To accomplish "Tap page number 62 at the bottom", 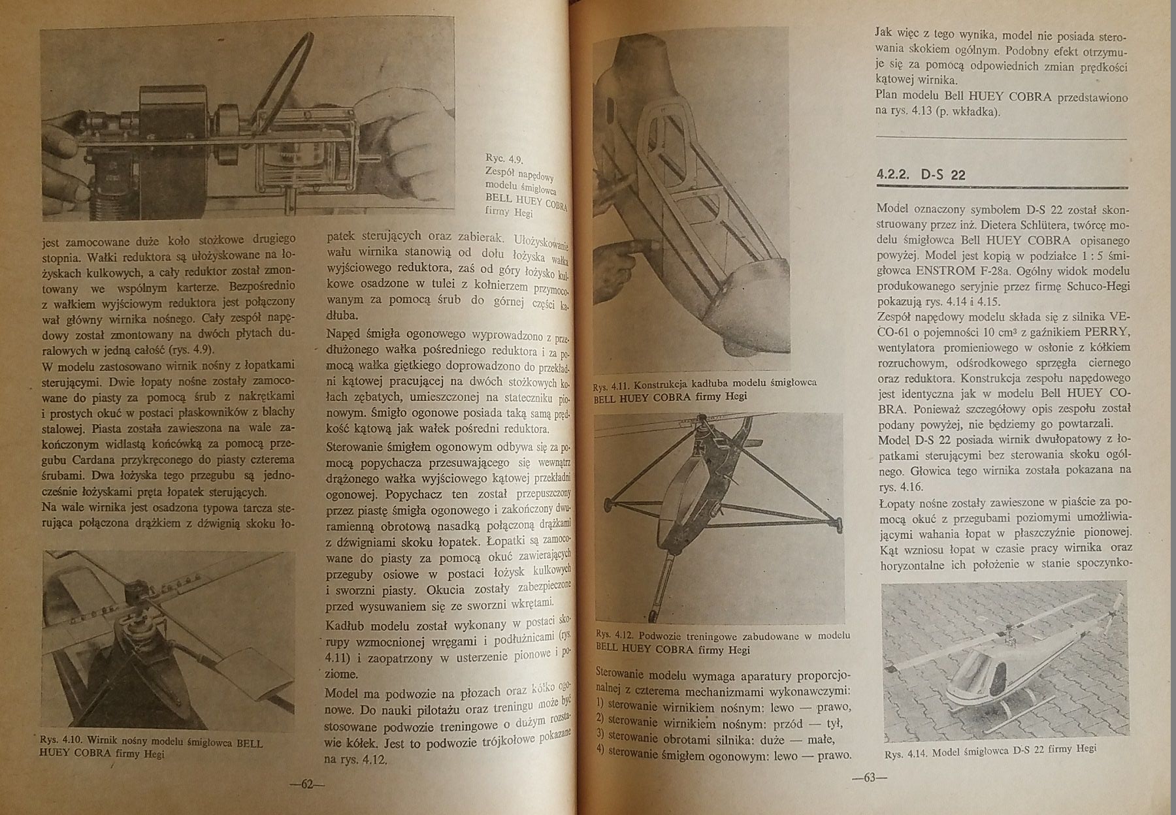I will click(307, 784).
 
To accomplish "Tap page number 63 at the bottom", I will click(870, 778).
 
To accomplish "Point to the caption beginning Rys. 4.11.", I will click(704, 390).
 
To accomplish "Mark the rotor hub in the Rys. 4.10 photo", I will click(140, 627).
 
